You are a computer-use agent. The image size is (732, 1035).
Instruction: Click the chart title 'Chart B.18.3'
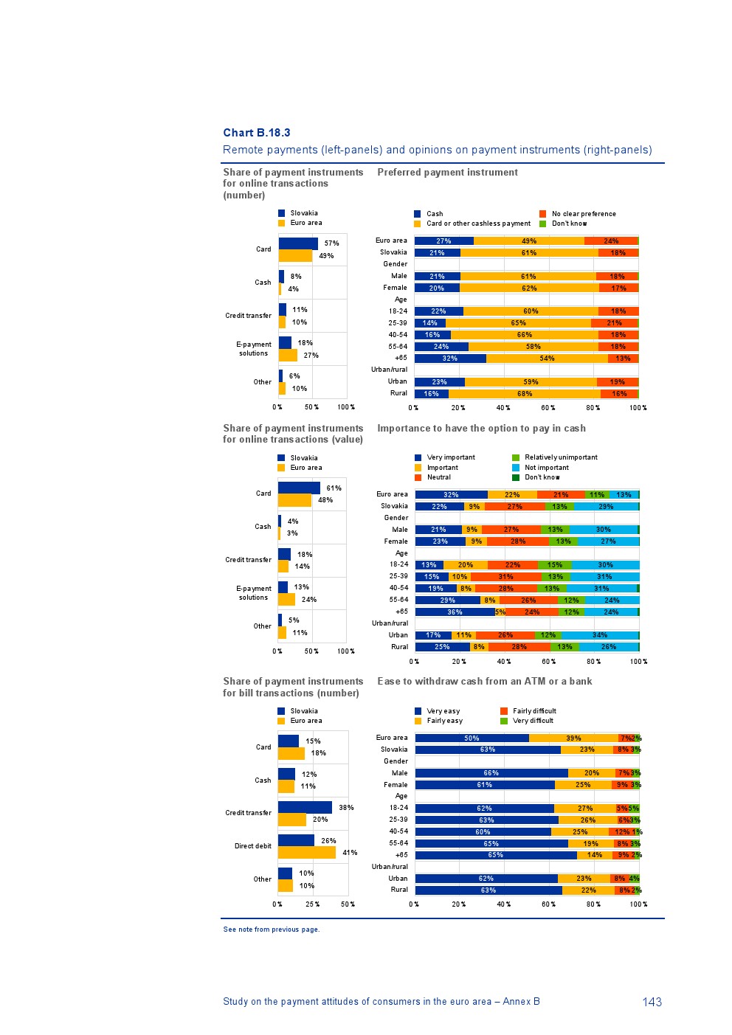click(x=257, y=133)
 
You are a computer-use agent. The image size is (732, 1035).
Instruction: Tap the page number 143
click(x=652, y=1002)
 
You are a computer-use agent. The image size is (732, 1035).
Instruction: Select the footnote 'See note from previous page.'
click(x=272, y=930)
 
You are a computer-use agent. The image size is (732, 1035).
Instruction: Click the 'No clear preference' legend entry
click(x=583, y=214)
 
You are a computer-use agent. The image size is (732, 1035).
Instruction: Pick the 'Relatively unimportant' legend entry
click(x=560, y=457)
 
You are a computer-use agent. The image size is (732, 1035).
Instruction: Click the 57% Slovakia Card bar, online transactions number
click(x=298, y=243)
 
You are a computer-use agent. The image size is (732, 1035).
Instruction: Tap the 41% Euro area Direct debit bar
click(x=307, y=853)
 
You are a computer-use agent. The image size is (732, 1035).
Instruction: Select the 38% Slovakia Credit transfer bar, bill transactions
click(x=305, y=808)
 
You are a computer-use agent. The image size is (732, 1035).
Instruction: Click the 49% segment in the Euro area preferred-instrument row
click(x=528, y=241)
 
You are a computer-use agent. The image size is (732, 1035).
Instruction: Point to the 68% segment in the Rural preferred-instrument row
click(x=524, y=394)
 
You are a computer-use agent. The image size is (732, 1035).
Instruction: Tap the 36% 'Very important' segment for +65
click(x=455, y=612)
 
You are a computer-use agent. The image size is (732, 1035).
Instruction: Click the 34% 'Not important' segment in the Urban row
click(x=600, y=635)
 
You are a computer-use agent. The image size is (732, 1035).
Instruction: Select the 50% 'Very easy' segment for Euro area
click(x=472, y=738)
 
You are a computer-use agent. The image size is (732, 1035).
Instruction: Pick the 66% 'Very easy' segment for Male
click(x=491, y=773)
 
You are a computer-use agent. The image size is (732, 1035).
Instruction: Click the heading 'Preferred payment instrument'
click(x=447, y=173)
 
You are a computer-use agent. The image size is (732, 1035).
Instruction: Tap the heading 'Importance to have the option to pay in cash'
click(x=481, y=429)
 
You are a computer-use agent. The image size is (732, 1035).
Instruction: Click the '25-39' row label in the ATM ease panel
click(x=398, y=820)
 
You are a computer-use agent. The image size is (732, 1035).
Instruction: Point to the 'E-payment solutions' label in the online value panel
click(x=254, y=593)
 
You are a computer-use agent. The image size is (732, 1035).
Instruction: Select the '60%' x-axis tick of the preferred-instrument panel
click(x=548, y=408)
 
